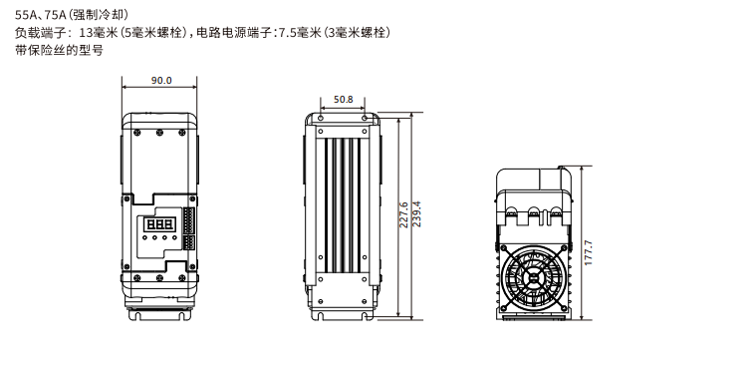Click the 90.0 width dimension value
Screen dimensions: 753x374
[x=161, y=80]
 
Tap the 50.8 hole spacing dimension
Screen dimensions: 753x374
[x=344, y=100]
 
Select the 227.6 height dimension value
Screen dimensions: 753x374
[x=403, y=214]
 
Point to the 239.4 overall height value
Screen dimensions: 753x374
[x=416, y=213]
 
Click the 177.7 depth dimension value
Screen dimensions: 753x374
[x=589, y=252]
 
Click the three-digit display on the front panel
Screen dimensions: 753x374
[x=159, y=224]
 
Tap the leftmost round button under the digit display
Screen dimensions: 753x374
[x=144, y=237]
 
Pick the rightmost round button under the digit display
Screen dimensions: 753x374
[x=174, y=237]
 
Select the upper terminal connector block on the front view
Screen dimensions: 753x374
[x=187, y=220]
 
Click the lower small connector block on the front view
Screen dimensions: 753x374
[x=187, y=241]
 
